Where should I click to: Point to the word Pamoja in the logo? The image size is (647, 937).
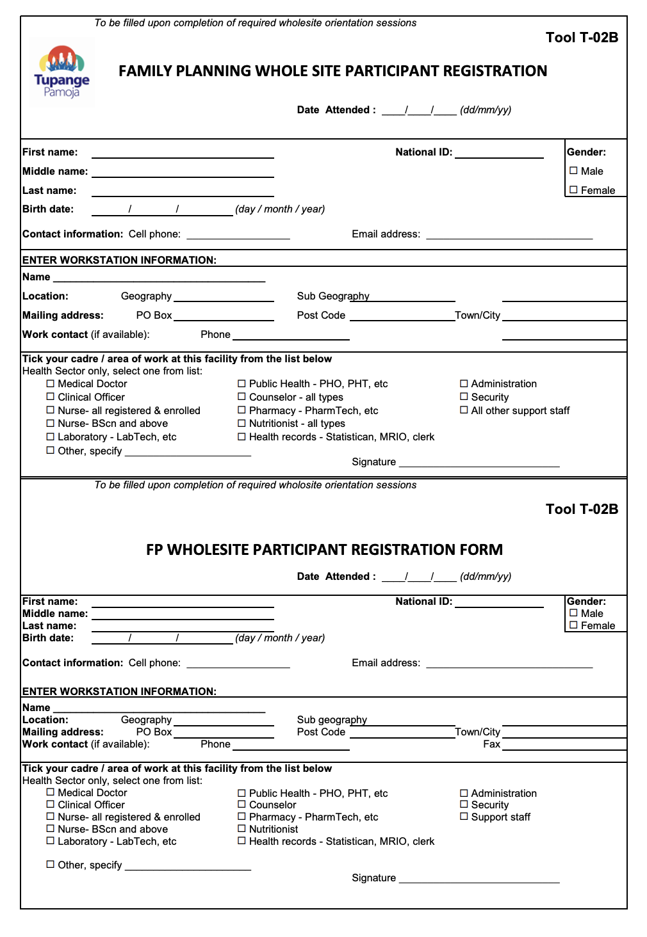(61, 92)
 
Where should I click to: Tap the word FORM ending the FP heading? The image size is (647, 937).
(481, 550)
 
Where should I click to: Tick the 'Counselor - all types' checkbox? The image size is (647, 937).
(242, 397)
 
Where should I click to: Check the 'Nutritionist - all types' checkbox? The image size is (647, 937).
(242, 423)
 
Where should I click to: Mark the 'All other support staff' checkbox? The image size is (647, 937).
(464, 410)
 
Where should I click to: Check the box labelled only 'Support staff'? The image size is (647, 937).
(464, 817)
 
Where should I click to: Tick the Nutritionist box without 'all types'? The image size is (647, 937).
(242, 829)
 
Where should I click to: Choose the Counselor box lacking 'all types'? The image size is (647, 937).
(242, 805)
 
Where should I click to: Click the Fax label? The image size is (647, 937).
(491, 744)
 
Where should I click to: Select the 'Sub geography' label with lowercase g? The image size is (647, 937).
(332, 719)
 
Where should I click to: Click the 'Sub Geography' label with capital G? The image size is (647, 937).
(333, 296)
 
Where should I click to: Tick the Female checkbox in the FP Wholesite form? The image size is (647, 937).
(573, 625)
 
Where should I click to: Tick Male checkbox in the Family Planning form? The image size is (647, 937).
(573, 171)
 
